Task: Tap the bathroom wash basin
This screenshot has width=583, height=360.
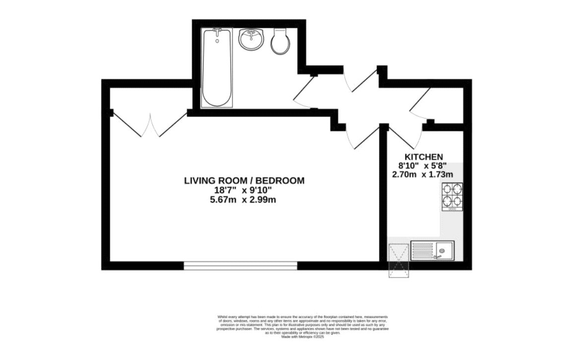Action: point(252,39)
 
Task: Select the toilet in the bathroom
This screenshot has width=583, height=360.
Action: point(281,42)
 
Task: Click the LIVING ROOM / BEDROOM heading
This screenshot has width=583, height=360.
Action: point(244,180)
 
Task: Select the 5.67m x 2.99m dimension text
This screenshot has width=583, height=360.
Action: point(244,200)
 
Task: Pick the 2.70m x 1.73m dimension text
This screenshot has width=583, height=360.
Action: point(423,174)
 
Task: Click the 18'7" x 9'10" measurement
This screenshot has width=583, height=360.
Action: point(244,190)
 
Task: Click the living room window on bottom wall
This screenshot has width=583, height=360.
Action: point(240,266)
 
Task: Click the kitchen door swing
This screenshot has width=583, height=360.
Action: point(403,136)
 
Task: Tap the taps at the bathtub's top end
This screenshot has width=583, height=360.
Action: point(216,31)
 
